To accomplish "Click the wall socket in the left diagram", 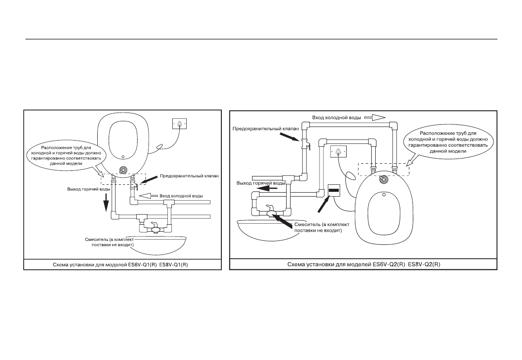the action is [180, 124].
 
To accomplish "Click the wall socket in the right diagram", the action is [338, 152].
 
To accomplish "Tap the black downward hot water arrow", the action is [106, 203].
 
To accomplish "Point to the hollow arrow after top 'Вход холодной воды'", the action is [375, 117].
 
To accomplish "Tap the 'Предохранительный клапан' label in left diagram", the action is [189, 176].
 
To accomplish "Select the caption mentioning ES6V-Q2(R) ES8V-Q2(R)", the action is [364, 265].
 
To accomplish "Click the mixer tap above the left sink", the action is [155, 228].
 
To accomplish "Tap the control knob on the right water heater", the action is [384, 180].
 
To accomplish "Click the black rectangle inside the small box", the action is [334, 191].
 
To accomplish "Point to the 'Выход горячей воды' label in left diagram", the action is [89, 189].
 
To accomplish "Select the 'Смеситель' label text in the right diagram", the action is [322, 227].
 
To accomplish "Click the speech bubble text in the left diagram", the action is [66, 155].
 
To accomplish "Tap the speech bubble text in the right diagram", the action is [448, 142].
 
